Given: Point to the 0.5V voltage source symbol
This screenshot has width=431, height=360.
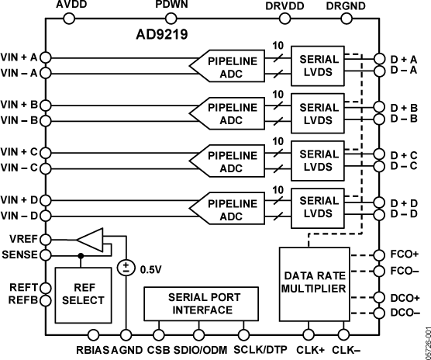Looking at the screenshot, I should click(124, 268).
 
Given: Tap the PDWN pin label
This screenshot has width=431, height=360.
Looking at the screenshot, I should click(171, 6).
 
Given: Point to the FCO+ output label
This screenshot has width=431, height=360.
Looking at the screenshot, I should click(405, 254).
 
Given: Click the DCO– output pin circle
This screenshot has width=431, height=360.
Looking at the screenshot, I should click(378, 313).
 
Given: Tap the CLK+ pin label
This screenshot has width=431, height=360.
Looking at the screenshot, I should click(310, 348).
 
